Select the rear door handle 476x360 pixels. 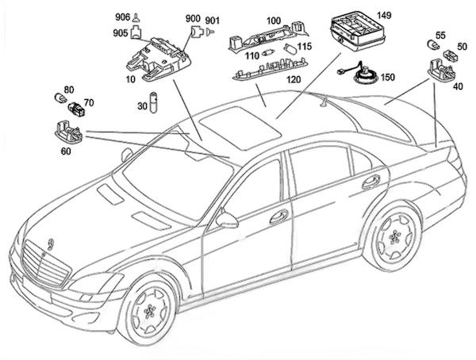pyautogui.click(x=369, y=182)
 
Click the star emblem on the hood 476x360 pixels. pyautogui.click(x=52, y=243)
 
